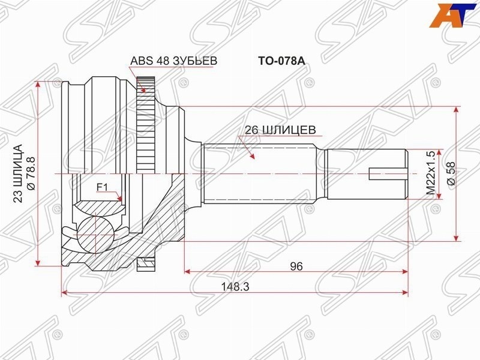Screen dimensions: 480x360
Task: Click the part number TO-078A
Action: coord(281,61)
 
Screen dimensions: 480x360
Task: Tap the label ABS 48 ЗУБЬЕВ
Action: coord(174,61)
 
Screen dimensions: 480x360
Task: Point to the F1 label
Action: coord(102,187)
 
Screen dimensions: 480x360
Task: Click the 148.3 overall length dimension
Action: coord(235,287)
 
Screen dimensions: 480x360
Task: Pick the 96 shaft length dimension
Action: coord(296,266)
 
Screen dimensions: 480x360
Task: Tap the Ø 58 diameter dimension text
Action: coord(452,173)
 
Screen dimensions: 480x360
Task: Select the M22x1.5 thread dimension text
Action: coord(431,173)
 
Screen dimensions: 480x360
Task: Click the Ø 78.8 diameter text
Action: coord(32,174)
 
